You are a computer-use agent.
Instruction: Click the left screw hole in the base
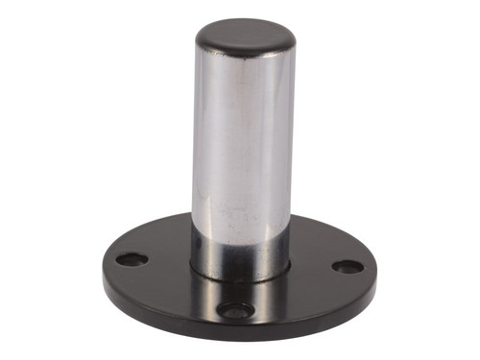pos(132,259)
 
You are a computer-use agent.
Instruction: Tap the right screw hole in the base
pos(348,266)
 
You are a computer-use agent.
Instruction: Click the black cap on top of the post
pos(245,36)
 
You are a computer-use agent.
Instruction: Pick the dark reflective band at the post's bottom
pos(240,252)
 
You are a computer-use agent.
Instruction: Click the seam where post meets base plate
pos(240,276)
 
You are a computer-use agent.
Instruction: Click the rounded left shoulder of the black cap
pos(200,40)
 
